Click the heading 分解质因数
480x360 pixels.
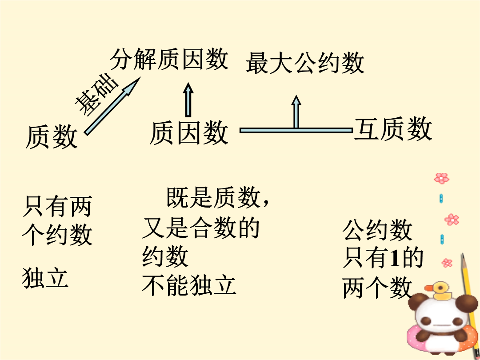coord(169,59)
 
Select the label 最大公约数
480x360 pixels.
coord(305,63)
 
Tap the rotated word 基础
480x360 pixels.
coord(96,95)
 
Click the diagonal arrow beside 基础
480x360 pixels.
coord(112,106)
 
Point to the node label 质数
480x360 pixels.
coord(52,136)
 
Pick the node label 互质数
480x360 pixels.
coord(393,129)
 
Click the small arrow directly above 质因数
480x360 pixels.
coord(188,100)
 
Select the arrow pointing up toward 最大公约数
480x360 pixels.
coord(296,112)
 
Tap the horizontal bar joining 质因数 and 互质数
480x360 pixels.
coord(296,130)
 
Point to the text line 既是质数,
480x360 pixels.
coord(218,198)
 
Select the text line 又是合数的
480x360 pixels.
coord(201,228)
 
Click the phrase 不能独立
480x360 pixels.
coord(189,285)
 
